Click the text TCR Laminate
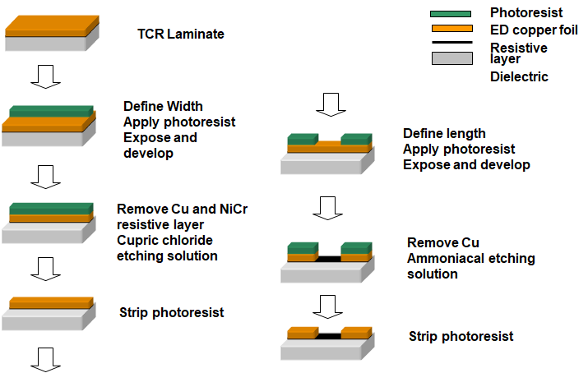181,35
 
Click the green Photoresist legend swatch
451,14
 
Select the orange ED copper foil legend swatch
451,29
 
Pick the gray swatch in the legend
451,58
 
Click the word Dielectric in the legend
519,77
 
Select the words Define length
444,133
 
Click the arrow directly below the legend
333,104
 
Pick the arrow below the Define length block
327,207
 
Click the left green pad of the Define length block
302,139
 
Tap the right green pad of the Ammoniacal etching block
357,246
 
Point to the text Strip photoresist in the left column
171,312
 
